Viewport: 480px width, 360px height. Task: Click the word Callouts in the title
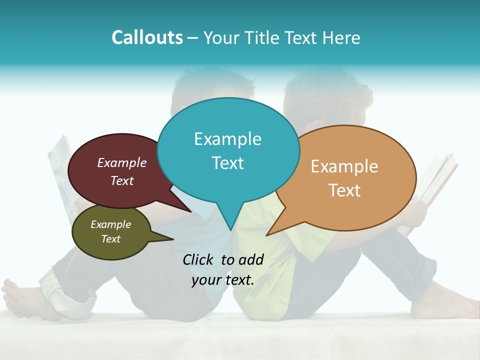(147, 37)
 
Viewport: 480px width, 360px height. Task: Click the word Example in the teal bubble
(227, 139)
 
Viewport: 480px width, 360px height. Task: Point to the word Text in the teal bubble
(227, 163)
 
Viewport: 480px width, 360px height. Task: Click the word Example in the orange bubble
(344, 166)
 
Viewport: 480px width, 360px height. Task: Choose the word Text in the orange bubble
(344, 190)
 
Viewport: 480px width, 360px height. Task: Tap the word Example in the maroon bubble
(122, 162)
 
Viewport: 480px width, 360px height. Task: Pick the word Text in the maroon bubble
(122, 180)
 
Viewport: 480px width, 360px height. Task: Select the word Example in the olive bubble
(110, 224)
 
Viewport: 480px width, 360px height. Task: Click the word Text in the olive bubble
(110, 239)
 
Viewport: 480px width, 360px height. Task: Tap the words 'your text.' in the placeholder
(223, 280)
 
